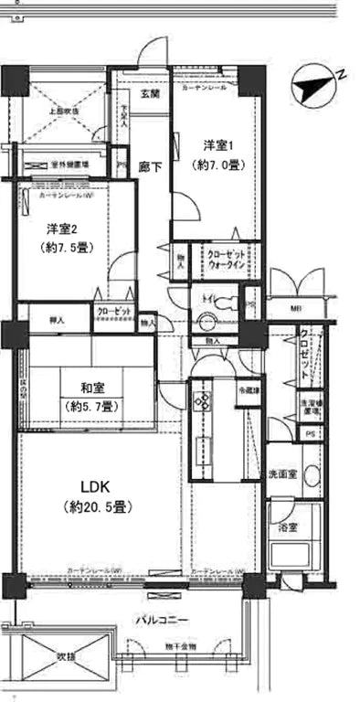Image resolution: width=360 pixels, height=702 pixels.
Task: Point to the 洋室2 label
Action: click(60, 229)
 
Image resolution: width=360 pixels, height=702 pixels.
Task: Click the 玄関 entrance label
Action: click(150, 94)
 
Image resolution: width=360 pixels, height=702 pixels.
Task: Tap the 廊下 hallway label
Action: click(150, 166)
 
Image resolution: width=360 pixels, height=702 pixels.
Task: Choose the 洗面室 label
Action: click(282, 475)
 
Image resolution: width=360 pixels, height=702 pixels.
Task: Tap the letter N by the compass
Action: click(338, 73)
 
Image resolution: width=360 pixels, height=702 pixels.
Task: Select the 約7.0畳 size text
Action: click(218, 165)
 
